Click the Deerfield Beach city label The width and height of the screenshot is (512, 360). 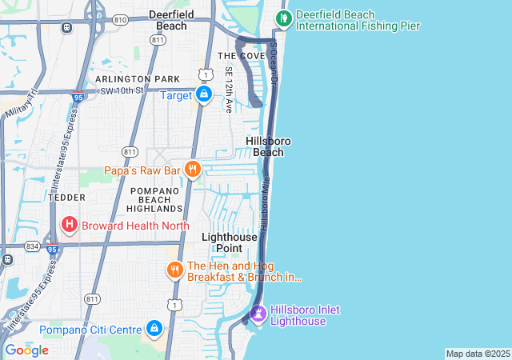click(x=167, y=20)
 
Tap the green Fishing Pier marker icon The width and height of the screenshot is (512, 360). click(x=282, y=18)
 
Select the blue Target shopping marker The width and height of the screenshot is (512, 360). click(x=205, y=95)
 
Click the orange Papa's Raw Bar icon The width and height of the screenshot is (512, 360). click(x=192, y=170)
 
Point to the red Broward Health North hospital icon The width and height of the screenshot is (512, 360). click(x=70, y=225)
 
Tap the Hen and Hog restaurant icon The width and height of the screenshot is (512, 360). click(x=175, y=270)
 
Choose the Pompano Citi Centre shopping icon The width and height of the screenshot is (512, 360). click(x=154, y=329)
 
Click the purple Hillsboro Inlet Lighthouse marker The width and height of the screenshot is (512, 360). click(x=258, y=314)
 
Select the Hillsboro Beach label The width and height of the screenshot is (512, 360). click(x=268, y=146)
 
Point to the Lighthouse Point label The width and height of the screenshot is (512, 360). click(x=230, y=242)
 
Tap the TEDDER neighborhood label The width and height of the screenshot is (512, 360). click(x=66, y=196)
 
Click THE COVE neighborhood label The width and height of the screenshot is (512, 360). click(x=241, y=55)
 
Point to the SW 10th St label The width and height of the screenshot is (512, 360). click(x=121, y=90)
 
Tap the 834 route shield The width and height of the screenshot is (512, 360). click(x=32, y=246)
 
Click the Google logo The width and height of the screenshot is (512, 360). click(x=26, y=350)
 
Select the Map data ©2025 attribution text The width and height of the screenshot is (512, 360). click(x=477, y=354)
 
